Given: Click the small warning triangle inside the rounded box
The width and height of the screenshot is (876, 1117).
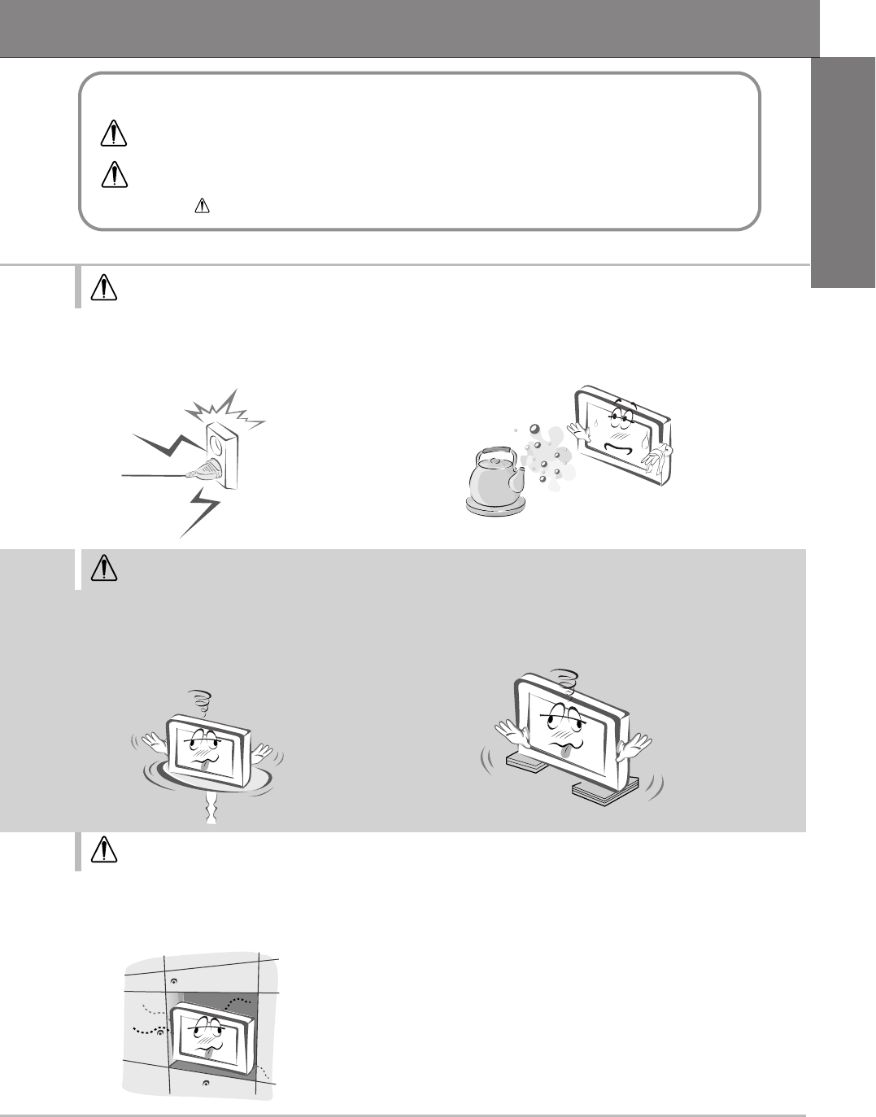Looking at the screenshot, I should [x=198, y=208].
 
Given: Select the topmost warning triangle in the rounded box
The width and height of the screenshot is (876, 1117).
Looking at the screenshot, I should [x=113, y=134].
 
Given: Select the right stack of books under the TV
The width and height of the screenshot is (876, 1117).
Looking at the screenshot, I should [x=603, y=789].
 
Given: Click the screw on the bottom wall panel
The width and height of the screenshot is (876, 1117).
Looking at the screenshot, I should [x=205, y=1084].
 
